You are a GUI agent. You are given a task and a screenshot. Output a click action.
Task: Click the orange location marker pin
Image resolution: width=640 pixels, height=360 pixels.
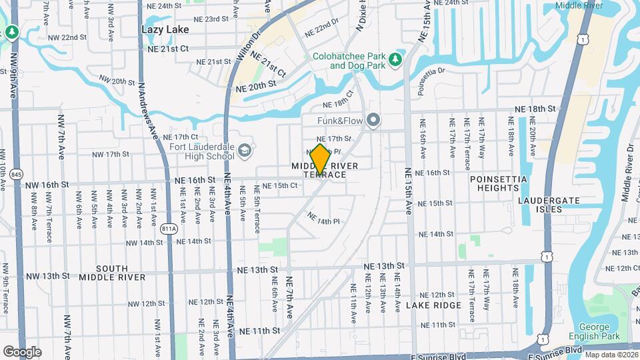(x=320, y=159)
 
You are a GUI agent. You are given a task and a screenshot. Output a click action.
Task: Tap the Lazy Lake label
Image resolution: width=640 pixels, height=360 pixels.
(x=165, y=29)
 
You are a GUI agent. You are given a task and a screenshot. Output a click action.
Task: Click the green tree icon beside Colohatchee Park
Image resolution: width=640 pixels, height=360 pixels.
(x=395, y=59)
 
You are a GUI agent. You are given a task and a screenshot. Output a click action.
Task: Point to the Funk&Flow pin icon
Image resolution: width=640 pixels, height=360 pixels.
(x=373, y=121)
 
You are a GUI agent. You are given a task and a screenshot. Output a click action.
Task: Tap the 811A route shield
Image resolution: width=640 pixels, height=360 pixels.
(x=169, y=229)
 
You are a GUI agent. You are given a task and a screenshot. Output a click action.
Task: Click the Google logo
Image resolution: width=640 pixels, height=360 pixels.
(x=22, y=351)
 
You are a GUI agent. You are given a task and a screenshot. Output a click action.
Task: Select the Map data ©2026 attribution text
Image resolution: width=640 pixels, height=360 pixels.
(x=611, y=355)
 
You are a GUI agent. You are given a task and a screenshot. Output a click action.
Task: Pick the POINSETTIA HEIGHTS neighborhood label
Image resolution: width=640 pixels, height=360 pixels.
(x=498, y=184)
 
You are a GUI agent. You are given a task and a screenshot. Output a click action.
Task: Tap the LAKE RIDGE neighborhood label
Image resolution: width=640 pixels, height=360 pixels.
(x=433, y=305)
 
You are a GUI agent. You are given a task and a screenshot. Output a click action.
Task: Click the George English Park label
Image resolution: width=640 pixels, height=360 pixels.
(x=594, y=331)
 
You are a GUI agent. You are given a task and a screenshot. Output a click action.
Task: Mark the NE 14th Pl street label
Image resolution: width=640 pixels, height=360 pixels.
(x=323, y=217)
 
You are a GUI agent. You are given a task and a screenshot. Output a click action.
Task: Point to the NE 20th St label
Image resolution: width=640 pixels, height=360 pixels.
(x=255, y=87)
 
